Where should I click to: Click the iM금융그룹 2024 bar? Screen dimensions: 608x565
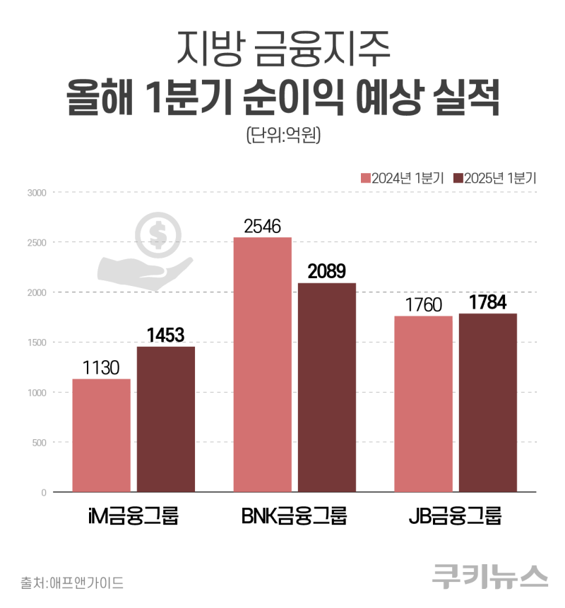(x=101, y=435)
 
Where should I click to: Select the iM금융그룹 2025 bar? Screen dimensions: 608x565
(x=165, y=419)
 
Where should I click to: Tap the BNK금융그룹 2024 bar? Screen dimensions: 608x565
(x=262, y=364)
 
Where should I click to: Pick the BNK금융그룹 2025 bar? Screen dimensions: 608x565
(x=326, y=387)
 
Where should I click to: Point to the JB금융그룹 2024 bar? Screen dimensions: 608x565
(x=423, y=403)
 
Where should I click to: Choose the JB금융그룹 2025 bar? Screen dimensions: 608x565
(x=487, y=403)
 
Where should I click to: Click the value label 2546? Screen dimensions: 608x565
(x=263, y=227)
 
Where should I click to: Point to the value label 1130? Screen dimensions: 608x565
(x=101, y=367)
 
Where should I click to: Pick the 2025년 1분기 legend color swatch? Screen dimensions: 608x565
(x=458, y=179)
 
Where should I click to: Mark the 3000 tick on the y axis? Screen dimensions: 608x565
(x=36, y=192)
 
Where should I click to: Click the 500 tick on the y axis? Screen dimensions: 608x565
(x=38, y=442)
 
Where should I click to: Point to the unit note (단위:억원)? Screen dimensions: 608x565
(x=282, y=134)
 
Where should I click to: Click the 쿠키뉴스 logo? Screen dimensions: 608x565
(x=490, y=576)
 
